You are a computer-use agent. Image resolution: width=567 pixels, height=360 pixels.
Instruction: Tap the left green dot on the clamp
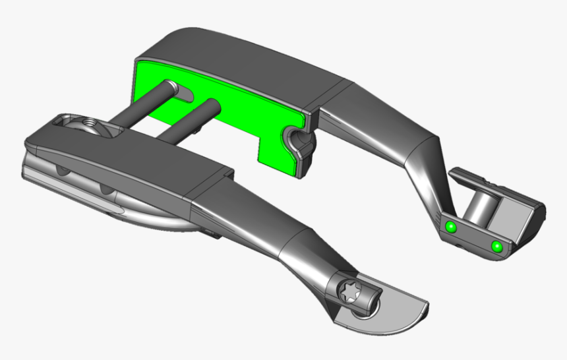(451, 227)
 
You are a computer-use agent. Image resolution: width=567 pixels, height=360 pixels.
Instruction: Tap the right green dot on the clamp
(496, 247)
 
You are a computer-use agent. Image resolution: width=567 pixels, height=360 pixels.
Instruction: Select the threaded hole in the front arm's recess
(86, 123)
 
